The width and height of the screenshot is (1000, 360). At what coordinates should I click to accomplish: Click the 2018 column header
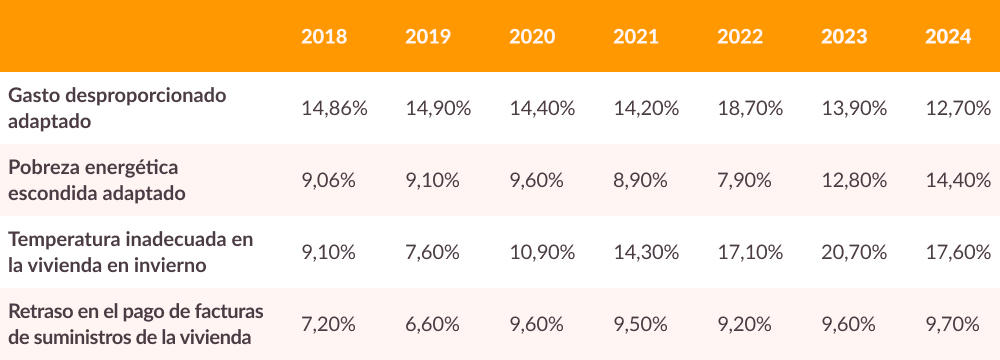coord(324,37)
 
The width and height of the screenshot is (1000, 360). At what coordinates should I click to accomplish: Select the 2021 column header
coord(636,37)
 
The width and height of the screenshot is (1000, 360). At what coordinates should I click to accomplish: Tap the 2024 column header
coord(948,37)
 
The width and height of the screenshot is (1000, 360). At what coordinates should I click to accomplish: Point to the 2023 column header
coord(844,37)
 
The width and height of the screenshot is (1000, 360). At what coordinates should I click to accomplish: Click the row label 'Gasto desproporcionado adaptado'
coord(117,108)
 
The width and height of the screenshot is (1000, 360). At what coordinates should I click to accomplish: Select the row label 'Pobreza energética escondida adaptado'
coord(96,180)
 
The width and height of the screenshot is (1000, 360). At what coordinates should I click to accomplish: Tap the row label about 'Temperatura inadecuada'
coord(130,252)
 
